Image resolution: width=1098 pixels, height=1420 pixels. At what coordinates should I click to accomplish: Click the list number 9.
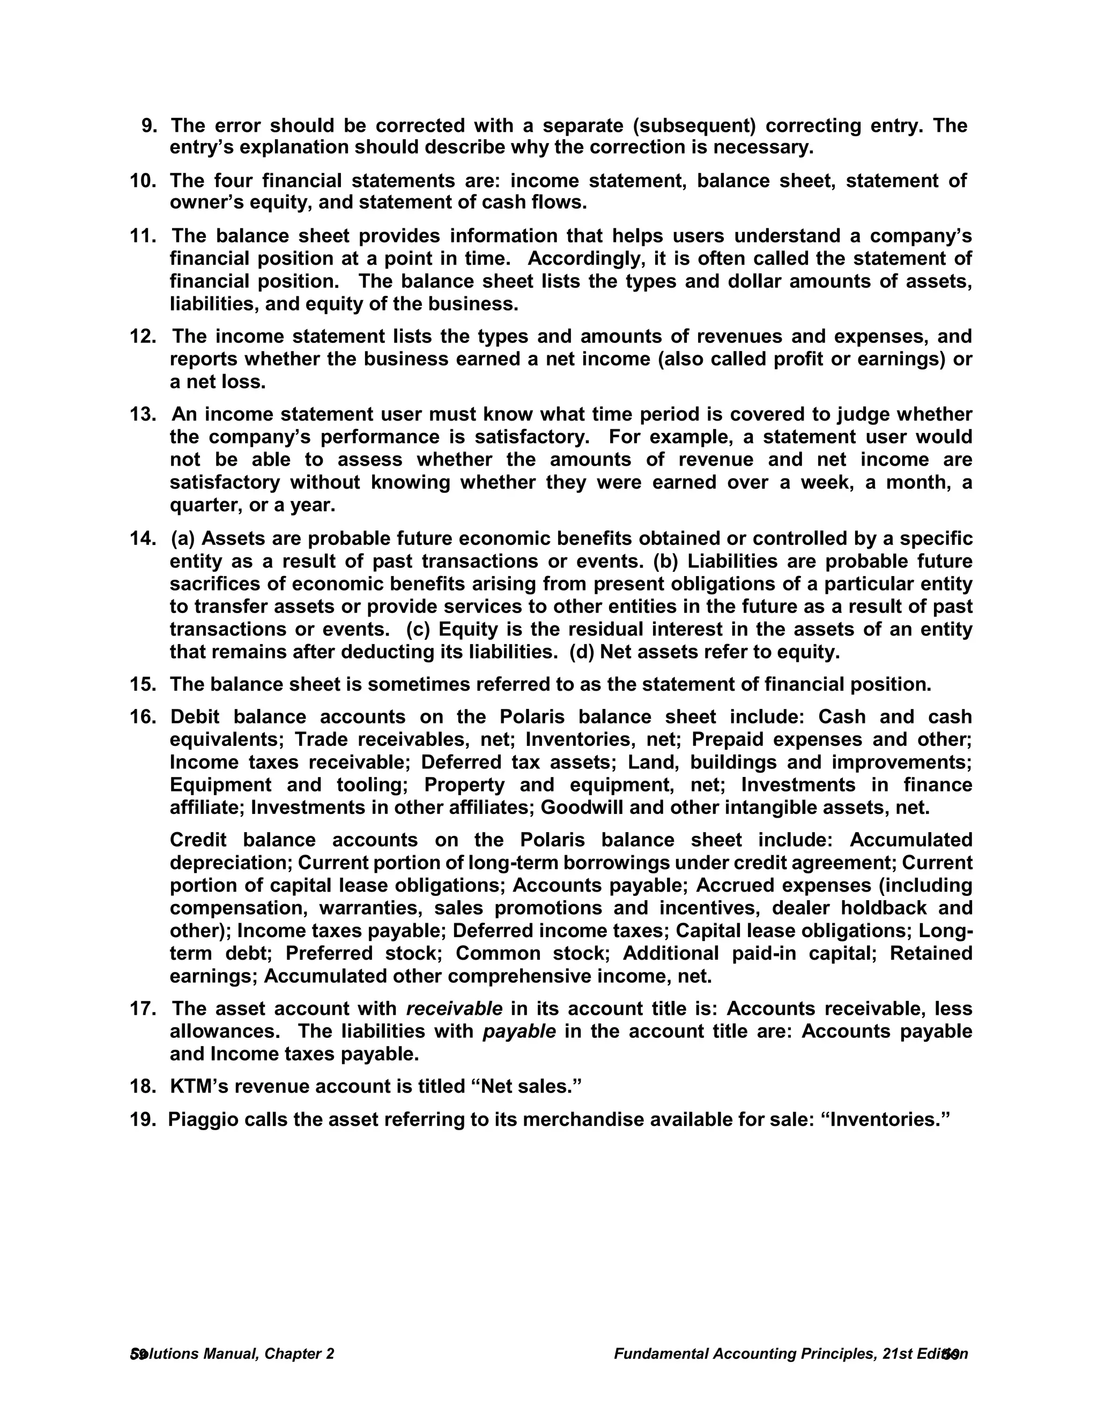coord(149,125)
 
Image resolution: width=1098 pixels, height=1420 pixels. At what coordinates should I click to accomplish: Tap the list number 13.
coord(143,414)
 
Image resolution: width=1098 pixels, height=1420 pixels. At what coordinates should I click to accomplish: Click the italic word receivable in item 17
coord(454,1008)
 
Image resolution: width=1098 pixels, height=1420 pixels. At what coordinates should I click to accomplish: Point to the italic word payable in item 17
coord(519,1031)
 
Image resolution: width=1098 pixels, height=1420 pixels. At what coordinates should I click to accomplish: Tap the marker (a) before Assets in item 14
coord(183,539)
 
